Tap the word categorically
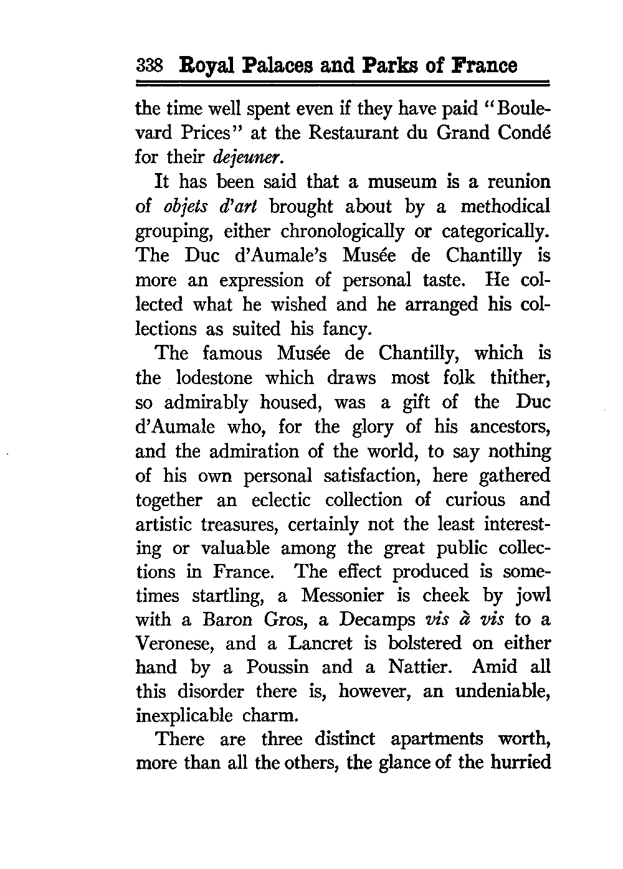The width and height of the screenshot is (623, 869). (x=496, y=232)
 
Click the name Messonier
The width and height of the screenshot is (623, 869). (x=342, y=596)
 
